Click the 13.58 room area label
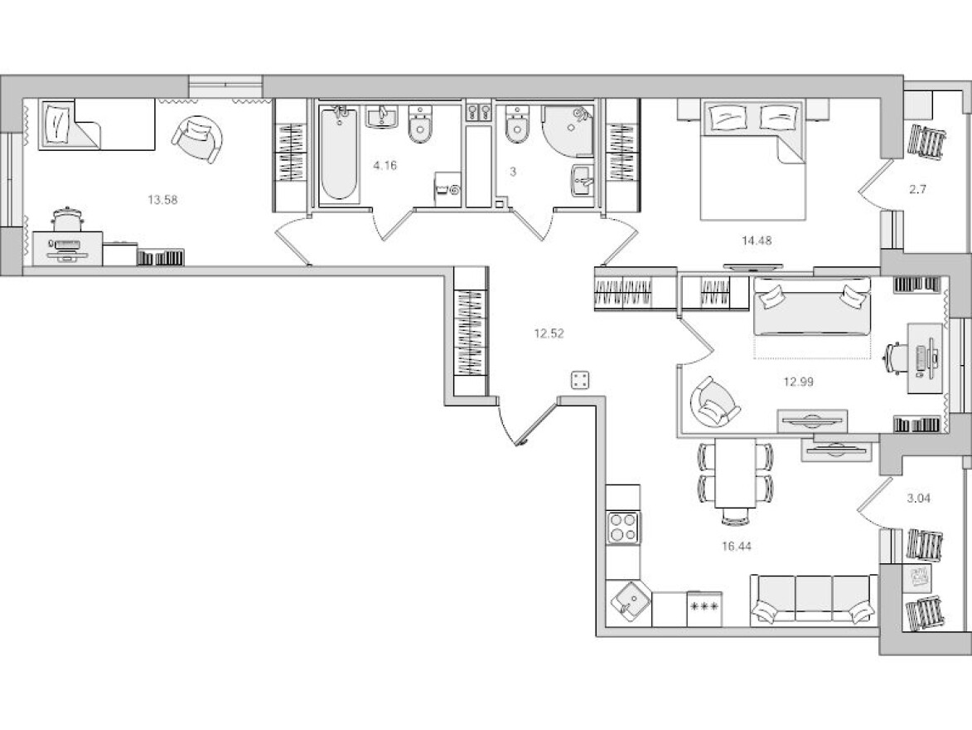(162, 200)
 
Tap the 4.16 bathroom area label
(385, 165)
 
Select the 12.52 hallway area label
(549, 333)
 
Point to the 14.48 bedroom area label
(757, 241)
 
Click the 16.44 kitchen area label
(737, 547)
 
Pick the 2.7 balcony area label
(917, 189)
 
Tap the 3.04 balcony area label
(919, 498)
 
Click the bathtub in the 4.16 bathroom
(338, 154)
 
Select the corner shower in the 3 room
(567, 131)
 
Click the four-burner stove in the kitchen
(623, 528)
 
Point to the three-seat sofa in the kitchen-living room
(814, 599)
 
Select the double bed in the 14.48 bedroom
(752, 159)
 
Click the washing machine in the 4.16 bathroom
(448, 189)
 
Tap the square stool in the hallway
(580, 380)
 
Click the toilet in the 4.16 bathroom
(420, 124)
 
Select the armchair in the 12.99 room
(715, 403)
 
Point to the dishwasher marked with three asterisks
(704, 608)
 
